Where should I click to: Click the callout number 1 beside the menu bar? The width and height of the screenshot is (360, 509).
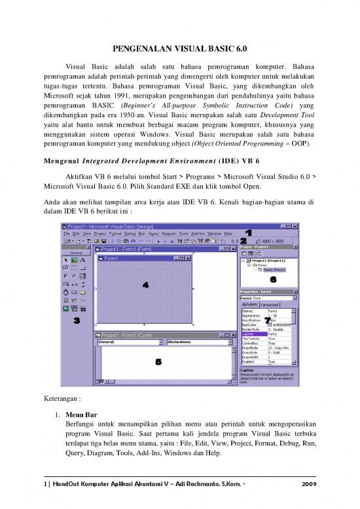[x=249, y=233]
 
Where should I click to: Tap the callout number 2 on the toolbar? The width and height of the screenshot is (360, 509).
[x=243, y=241]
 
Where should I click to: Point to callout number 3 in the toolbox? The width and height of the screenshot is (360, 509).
[x=77, y=321]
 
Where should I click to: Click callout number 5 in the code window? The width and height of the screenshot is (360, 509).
[x=158, y=362]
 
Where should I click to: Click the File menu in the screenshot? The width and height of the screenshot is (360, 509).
[x=67, y=233]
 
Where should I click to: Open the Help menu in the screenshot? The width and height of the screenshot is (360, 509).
[x=228, y=233]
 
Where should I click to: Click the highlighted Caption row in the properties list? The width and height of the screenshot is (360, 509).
[x=254, y=334]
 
